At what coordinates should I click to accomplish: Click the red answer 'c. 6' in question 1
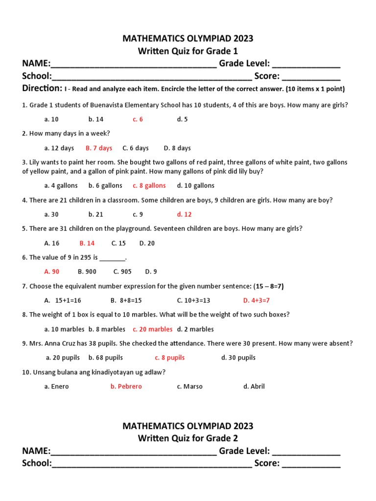click(x=138, y=119)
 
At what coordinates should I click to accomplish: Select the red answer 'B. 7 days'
click(x=99, y=148)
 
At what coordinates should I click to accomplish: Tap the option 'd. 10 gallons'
click(x=196, y=186)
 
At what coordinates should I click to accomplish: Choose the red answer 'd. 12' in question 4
click(x=185, y=214)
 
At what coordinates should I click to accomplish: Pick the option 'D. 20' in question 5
click(x=147, y=243)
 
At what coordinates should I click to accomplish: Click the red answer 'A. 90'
click(x=52, y=272)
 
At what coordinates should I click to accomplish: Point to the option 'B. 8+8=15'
click(x=126, y=300)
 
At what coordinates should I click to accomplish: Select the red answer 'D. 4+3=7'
click(x=257, y=300)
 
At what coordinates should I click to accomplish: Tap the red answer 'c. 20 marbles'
click(x=153, y=329)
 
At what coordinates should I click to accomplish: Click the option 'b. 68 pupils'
click(x=106, y=358)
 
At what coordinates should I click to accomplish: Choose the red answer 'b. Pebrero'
click(x=126, y=387)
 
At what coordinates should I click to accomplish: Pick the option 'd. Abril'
click(x=254, y=387)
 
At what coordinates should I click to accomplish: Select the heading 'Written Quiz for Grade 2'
click(x=188, y=438)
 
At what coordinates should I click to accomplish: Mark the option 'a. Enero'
click(x=57, y=387)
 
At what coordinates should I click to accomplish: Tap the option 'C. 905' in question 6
click(x=122, y=272)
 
